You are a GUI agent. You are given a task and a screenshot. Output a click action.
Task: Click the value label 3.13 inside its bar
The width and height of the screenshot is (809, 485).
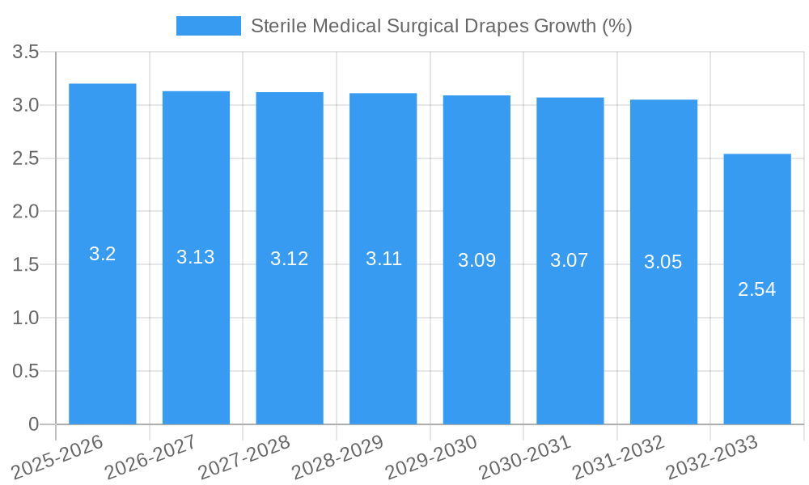click(x=196, y=257)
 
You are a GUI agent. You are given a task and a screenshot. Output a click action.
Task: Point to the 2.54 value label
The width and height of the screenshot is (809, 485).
click(x=757, y=289)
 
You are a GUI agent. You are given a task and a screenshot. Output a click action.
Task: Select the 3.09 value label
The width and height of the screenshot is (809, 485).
click(x=477, y=260)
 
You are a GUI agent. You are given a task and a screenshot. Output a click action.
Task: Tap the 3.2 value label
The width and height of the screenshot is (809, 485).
click(x=103, y=254)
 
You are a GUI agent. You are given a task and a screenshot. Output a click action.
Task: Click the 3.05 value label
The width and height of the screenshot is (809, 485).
click(x=663, y=262)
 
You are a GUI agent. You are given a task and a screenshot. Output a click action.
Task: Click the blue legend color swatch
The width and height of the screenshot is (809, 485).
click(x=209, y=26)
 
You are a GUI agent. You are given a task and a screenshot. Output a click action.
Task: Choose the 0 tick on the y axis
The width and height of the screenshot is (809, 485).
click(x=34, y=424)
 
